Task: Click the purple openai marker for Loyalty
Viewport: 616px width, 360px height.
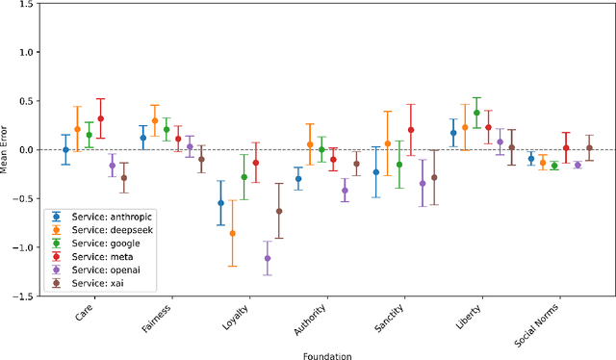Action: pos(268,258)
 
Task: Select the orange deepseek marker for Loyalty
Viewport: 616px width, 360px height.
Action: pos(232,233)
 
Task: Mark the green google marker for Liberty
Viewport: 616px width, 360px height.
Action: pos(476,113)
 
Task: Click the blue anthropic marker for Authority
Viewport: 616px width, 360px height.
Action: pos(298,178)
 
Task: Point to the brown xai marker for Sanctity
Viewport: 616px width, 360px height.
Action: pos(434,177)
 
